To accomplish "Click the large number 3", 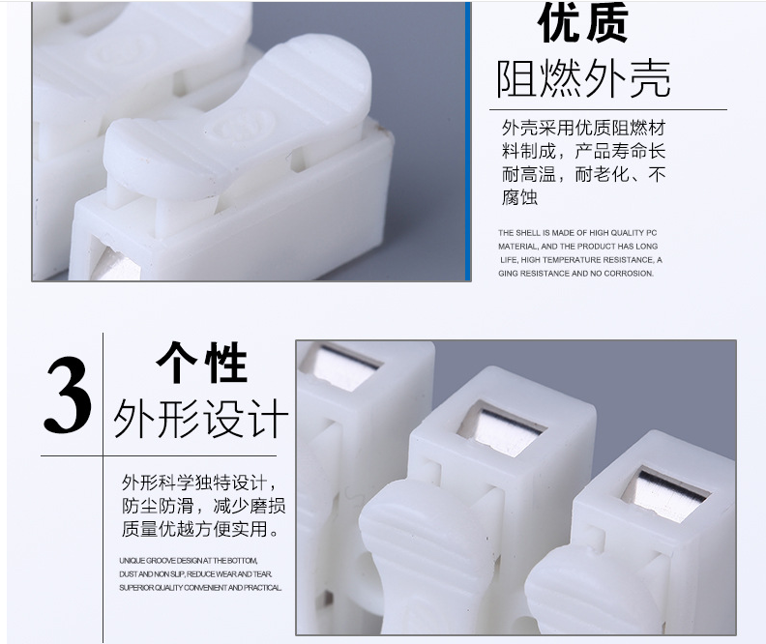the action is click(68, 395).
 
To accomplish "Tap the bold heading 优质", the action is click(583, 23).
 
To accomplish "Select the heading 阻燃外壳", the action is click(583, 79).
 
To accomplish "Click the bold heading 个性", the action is click(201, 362).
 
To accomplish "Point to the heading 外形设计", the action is click(201, 419).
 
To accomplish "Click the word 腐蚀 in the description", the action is click(519, 197).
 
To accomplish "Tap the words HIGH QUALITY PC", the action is click(623, 233).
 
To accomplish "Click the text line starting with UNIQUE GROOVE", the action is click(188, 561).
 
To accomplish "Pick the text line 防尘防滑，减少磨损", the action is click(204, 506).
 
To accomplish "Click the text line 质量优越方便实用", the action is click(200, 529).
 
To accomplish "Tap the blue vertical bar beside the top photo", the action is click(468, 141).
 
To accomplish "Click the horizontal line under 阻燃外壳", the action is click(608, 109).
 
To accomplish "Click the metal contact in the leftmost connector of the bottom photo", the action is click(340, 367).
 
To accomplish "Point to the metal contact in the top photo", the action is click(116, 266).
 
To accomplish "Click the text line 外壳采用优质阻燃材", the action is click(583, 128).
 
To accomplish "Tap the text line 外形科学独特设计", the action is click(200, 483).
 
